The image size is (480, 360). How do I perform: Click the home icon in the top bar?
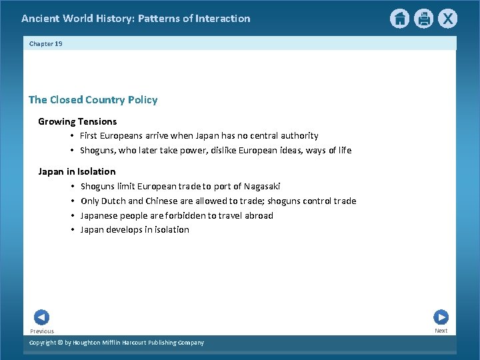tap(399, 19)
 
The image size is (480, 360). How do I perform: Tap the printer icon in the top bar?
tap(424, 19)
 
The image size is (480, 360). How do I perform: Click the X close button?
tap(448, 19)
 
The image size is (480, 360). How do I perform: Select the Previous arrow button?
tap(41, 317)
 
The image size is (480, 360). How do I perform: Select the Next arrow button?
tap(441, 317)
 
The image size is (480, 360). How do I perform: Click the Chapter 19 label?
tap(45, 43)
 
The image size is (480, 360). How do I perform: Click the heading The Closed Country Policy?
tap(93, 100)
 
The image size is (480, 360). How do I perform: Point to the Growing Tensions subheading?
tap(77, 121)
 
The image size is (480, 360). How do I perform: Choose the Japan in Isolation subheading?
tap(77, 171)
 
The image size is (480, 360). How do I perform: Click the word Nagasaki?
tap(262, 186)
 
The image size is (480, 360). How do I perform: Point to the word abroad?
tap(258, 215)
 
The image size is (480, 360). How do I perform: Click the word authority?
tap(297, 136)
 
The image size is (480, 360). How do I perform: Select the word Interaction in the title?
tap(223, 19)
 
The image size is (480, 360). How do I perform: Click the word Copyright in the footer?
tap(44, 343)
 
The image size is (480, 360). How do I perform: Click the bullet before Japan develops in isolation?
tap(72, 230)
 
